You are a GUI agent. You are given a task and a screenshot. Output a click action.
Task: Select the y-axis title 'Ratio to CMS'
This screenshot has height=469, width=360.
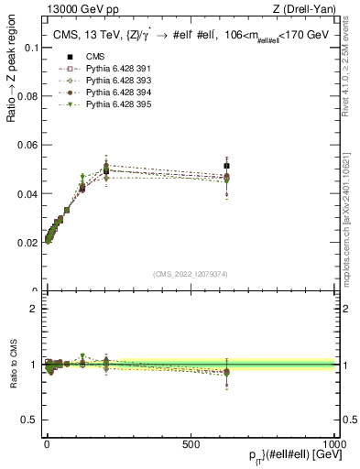pos(12,365)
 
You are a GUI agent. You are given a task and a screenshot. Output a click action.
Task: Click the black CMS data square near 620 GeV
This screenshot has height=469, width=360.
pos(226,166)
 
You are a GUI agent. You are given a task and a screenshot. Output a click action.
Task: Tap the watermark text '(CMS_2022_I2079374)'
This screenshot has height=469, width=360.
pos(191,275)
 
